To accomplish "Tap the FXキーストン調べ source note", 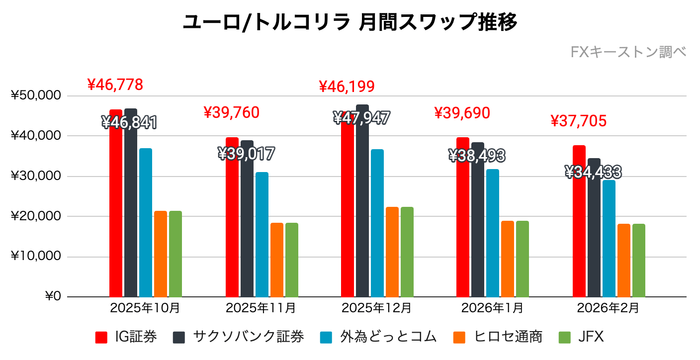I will (x=628, y=52).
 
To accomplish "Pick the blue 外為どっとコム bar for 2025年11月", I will (x=262, y=234).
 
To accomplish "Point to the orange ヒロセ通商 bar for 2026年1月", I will (x=508, y=259).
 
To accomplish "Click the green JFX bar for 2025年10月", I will (x=175, y=254).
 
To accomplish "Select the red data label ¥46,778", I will (x=115, y=85).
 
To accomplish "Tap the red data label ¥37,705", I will (x=579, y=121).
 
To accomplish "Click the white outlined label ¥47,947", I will (x=361, y=118).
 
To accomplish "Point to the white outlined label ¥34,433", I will (x=593, y=173).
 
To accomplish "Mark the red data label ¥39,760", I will (x=232, y=113).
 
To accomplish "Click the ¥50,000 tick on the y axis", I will (x=36, y=95).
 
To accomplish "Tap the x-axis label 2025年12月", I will (x=376, y=308).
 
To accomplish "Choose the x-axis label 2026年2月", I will (x=608, y=308).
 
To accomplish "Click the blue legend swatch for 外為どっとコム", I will (x=326, y=338).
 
